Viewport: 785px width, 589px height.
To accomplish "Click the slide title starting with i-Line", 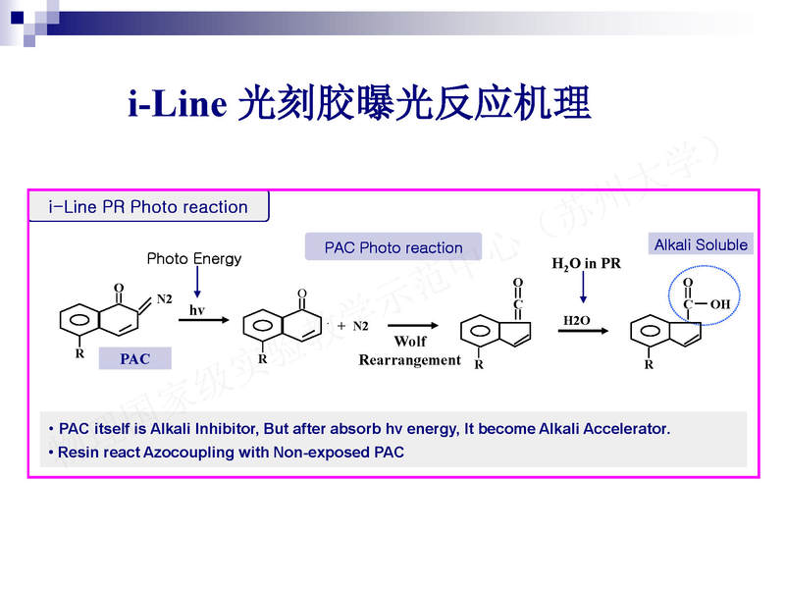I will [x=359, y=103].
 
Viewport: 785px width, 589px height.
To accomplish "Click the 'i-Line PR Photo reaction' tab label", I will [x=148, y=207].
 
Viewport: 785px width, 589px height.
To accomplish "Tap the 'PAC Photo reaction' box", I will [x=393, y=247].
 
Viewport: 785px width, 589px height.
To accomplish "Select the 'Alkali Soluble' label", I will [x=701, y=244].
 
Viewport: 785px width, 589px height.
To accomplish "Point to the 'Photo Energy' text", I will [x=194, y=259].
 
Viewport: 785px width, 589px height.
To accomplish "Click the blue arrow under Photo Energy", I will [x=197, y=283].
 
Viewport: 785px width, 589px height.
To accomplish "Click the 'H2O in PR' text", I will [x=587, y=264].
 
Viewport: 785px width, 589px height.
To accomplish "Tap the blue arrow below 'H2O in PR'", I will [x=584, y=287].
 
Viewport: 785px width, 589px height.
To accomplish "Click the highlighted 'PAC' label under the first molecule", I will [x=135, y=359].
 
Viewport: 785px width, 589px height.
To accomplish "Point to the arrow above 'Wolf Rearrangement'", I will [x=410, y=325].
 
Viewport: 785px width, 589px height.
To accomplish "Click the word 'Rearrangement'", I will [x=409, y=360].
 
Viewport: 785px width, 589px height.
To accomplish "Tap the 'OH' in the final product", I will [x=720, y=304].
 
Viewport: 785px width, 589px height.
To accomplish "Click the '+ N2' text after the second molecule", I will [x=352, y=326].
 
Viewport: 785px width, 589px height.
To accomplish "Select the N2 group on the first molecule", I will [x=164, y=297].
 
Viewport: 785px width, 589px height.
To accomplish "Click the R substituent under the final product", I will [x=649, y=365].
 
